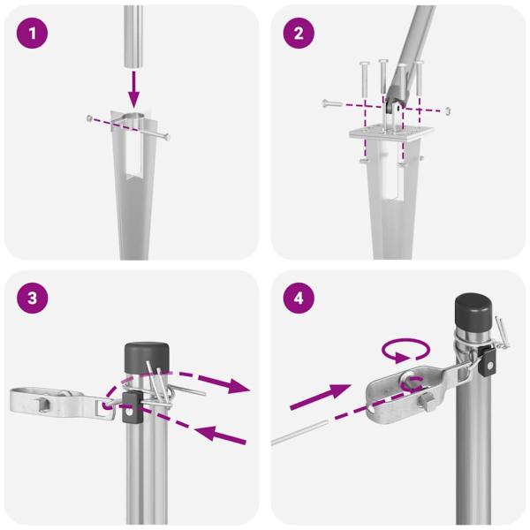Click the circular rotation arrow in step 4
point(405,352)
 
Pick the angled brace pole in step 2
point(411,53)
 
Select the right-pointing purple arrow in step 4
point(322,396)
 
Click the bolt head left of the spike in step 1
point(89,117)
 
